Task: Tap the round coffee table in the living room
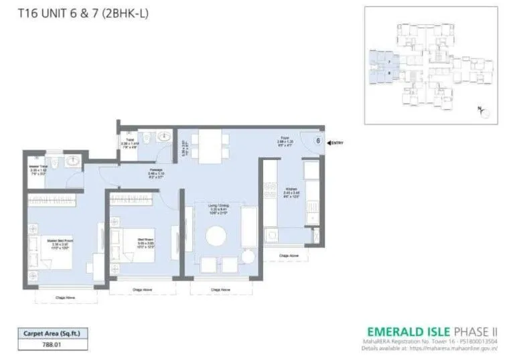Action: (x=217, y=236)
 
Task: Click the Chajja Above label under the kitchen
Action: (x=289, y=256)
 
